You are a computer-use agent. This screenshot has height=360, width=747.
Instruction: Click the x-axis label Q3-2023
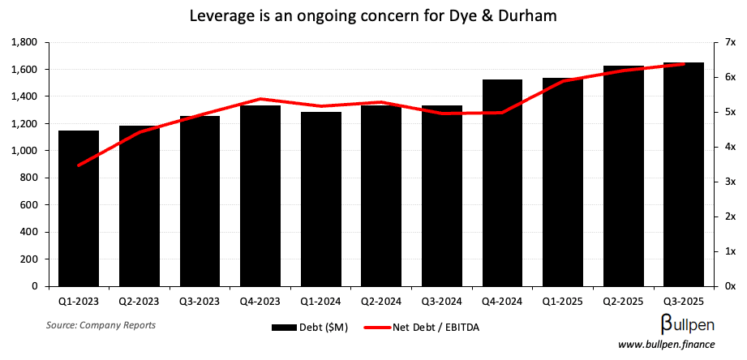click(x=200, y=301)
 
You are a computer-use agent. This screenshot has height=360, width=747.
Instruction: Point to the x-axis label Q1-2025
click(x=563, y=301)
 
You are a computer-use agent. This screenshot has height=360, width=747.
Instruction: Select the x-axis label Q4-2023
click(x=260, y=301)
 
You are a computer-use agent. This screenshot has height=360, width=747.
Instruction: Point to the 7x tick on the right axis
click(x=730, y=42)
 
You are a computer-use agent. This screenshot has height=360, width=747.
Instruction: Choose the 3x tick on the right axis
click(x=730, y=182)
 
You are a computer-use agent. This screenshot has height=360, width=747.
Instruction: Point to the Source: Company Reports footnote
click(x=101, y=325)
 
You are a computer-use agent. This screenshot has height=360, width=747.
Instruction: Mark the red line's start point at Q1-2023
click(x=79, y=165)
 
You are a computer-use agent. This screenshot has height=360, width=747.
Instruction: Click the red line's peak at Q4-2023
click(x=260, y=99)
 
